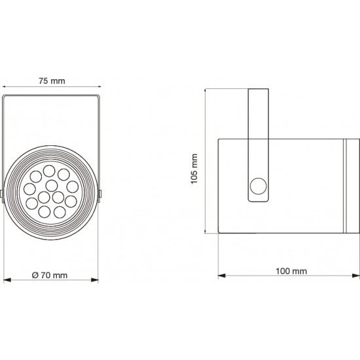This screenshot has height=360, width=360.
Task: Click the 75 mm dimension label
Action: pyautogui.click(x=52, y=81)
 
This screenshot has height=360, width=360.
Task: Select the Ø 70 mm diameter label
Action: pyautogui.click(x=50, y=275)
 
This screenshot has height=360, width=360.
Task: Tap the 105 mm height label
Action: pyautogui.click(x=194, y=169)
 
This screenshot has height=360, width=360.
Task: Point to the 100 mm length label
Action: pyautogui.click(x=291, y=271)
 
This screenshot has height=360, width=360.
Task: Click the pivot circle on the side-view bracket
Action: pyautogui.click(x=259, y=186)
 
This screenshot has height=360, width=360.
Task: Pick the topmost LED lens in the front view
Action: pyautogui.click(x=49, y=171)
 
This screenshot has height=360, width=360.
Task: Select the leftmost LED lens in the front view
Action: pyautogui.click(x=29, y=189)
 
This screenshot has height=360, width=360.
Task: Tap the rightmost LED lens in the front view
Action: pyautogui.click(x=73, y=187)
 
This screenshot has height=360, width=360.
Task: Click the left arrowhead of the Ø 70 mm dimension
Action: pyautogui.click(x=7, y=280)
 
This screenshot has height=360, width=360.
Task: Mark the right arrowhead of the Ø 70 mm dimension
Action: pyautogui.click(x=95, y=280)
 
